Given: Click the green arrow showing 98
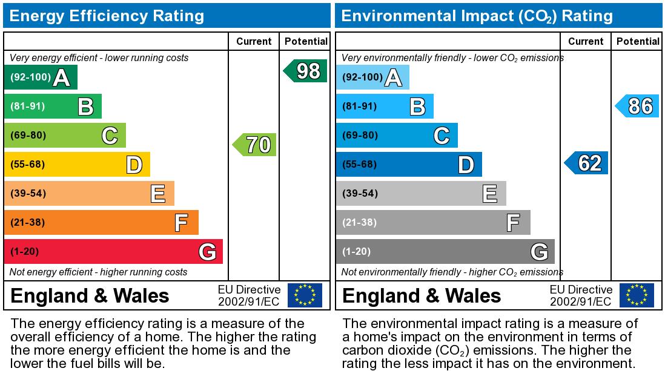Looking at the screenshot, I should pyautogui.click(x=306, y=71).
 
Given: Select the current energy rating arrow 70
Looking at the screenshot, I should pyautogui.click(x=255, y=145).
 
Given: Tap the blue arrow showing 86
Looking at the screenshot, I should pyautogui.click(x=638, y=106).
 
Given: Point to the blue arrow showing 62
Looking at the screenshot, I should pyautogui.click(x=587, y=163).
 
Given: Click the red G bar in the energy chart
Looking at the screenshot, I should pyautogui.click(x=113, y=251).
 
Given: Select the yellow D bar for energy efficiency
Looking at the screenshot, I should pyautogui.click(x=77, y=164).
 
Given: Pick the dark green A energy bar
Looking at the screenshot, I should pyautogui.click(x=41, y=77).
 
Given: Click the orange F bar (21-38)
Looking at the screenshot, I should pyautogui.click(x=101, y=222).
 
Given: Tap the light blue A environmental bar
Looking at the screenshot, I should pyautogui.click(x=372, y=77).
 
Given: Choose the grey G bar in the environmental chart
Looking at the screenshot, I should pyautogui.click(x=445, y=251).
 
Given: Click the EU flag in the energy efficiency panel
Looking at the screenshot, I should pyautogui.click(x=305, y=295).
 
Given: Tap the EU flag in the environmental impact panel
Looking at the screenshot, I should pyautogui.click(x=637, y=295).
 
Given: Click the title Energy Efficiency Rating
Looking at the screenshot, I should pyautogui.click(x=107, y=16).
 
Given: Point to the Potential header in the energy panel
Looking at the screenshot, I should pyautogui.click(x=306, y=41).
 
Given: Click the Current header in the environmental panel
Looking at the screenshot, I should pyautogui.click(x=586, y=41).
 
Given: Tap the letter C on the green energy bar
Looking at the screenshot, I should pyautogui.click(x=110, y=136).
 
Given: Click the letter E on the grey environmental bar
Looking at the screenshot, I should pyautogui.click(x=490, y=194).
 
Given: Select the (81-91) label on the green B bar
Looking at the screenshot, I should pyautogui.click(x=28, y=106).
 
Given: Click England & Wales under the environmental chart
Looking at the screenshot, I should pyautogui.click(x=422, y=295).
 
